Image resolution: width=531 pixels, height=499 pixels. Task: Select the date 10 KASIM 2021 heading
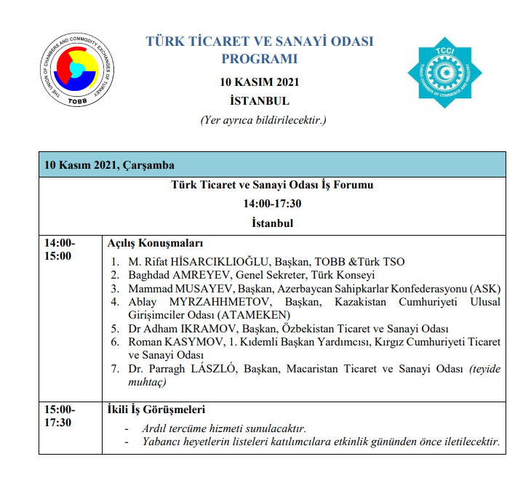[260, 82]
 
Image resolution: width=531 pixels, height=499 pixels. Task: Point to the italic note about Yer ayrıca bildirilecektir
[263, 119]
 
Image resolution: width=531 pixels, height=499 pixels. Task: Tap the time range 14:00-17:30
[271, 204]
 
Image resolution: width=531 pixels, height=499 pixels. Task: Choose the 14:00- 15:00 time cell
[60, 249]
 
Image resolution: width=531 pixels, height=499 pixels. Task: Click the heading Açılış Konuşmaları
[155, 243]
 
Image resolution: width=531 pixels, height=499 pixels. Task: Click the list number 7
[115, 369]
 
